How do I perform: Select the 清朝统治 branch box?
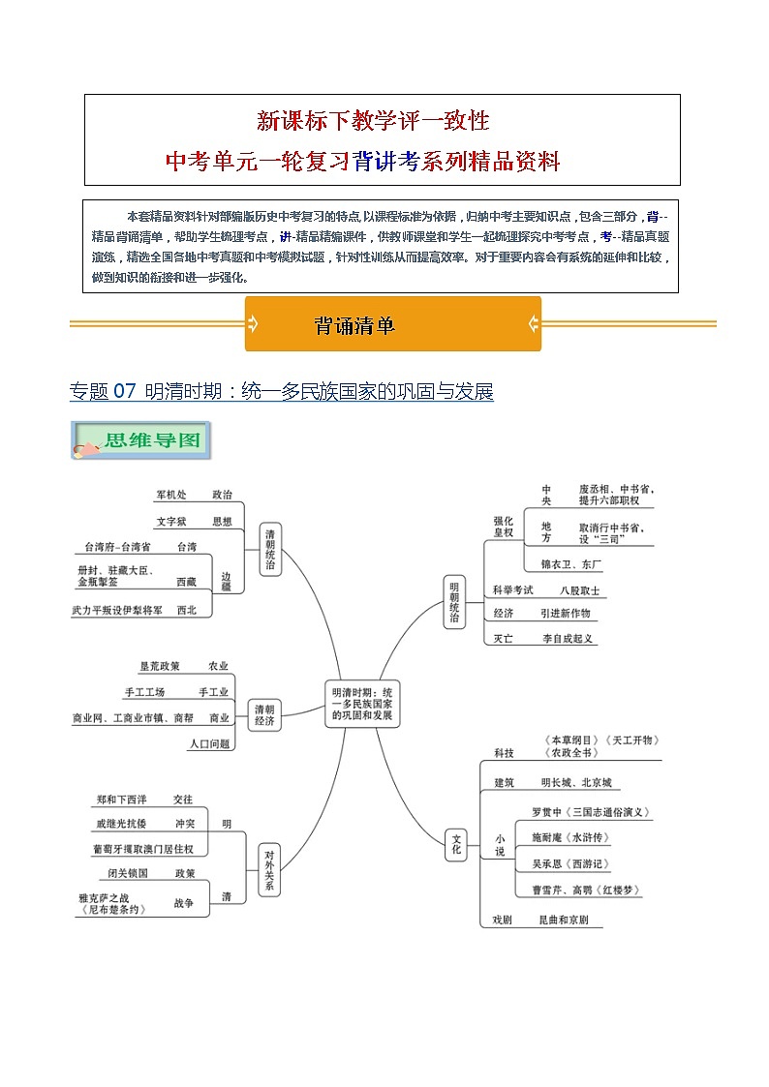pos(270,550)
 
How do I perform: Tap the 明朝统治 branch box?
pos(455,602)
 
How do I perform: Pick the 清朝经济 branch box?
pos(264,714)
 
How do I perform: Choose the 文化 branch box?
pos(456,844)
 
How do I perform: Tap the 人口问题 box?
pos(210,743)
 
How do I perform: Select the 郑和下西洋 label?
pos(122,800)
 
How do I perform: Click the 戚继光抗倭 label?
pos(122,824)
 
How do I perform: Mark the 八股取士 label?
pos(579,589)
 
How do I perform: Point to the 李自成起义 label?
pos(568,639)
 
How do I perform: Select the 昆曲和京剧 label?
pos(563,921)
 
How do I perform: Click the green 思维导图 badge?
pos(140,441)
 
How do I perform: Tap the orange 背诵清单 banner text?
pos(354,325)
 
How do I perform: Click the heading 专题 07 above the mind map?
pos(103,392)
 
